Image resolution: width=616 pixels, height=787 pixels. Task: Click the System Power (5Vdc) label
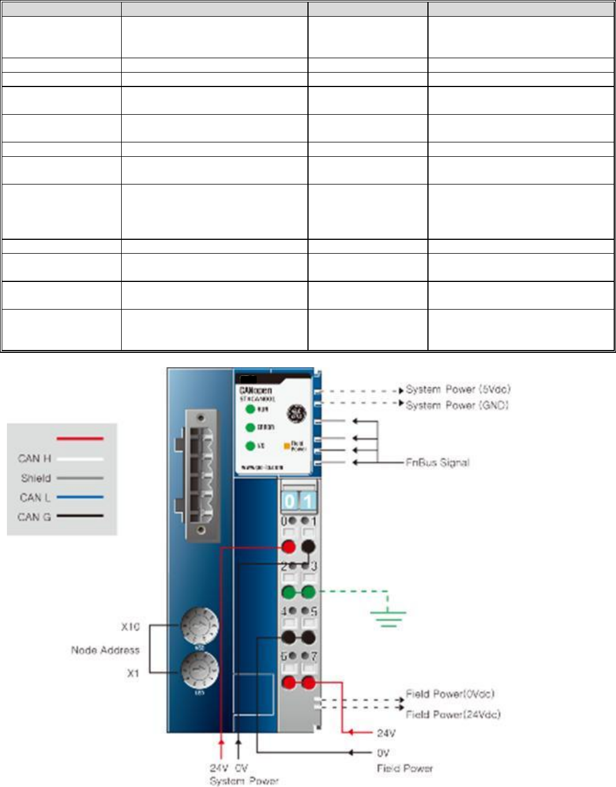pos(458,390)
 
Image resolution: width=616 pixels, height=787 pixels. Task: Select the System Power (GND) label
pos(457,405)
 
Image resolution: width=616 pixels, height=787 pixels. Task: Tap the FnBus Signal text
pos(437,462)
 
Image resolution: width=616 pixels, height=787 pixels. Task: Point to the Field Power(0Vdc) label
pos(450,694)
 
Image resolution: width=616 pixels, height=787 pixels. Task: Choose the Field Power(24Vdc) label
pos(453,714)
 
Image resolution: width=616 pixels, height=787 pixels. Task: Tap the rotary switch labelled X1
pos(200,671)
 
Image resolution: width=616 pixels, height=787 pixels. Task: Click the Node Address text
pos(105,650)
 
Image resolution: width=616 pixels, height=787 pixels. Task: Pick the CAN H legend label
pos(35,458)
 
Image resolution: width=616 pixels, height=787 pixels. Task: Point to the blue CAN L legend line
pos(80,497)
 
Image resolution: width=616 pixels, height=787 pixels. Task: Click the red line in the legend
pos(80,439)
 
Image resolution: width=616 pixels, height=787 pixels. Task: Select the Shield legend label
pos(36,478)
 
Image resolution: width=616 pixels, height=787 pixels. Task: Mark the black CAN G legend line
pos(80,517)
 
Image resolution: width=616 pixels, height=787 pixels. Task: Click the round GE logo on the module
pos(296,413)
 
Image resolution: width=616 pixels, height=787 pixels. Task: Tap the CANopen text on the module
pos(256,390)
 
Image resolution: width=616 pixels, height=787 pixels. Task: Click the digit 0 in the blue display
pos(290,502)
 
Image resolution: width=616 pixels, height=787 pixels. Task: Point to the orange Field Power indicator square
pos(287,446)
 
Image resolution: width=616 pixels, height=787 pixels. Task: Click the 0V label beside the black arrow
pos(384,753)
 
